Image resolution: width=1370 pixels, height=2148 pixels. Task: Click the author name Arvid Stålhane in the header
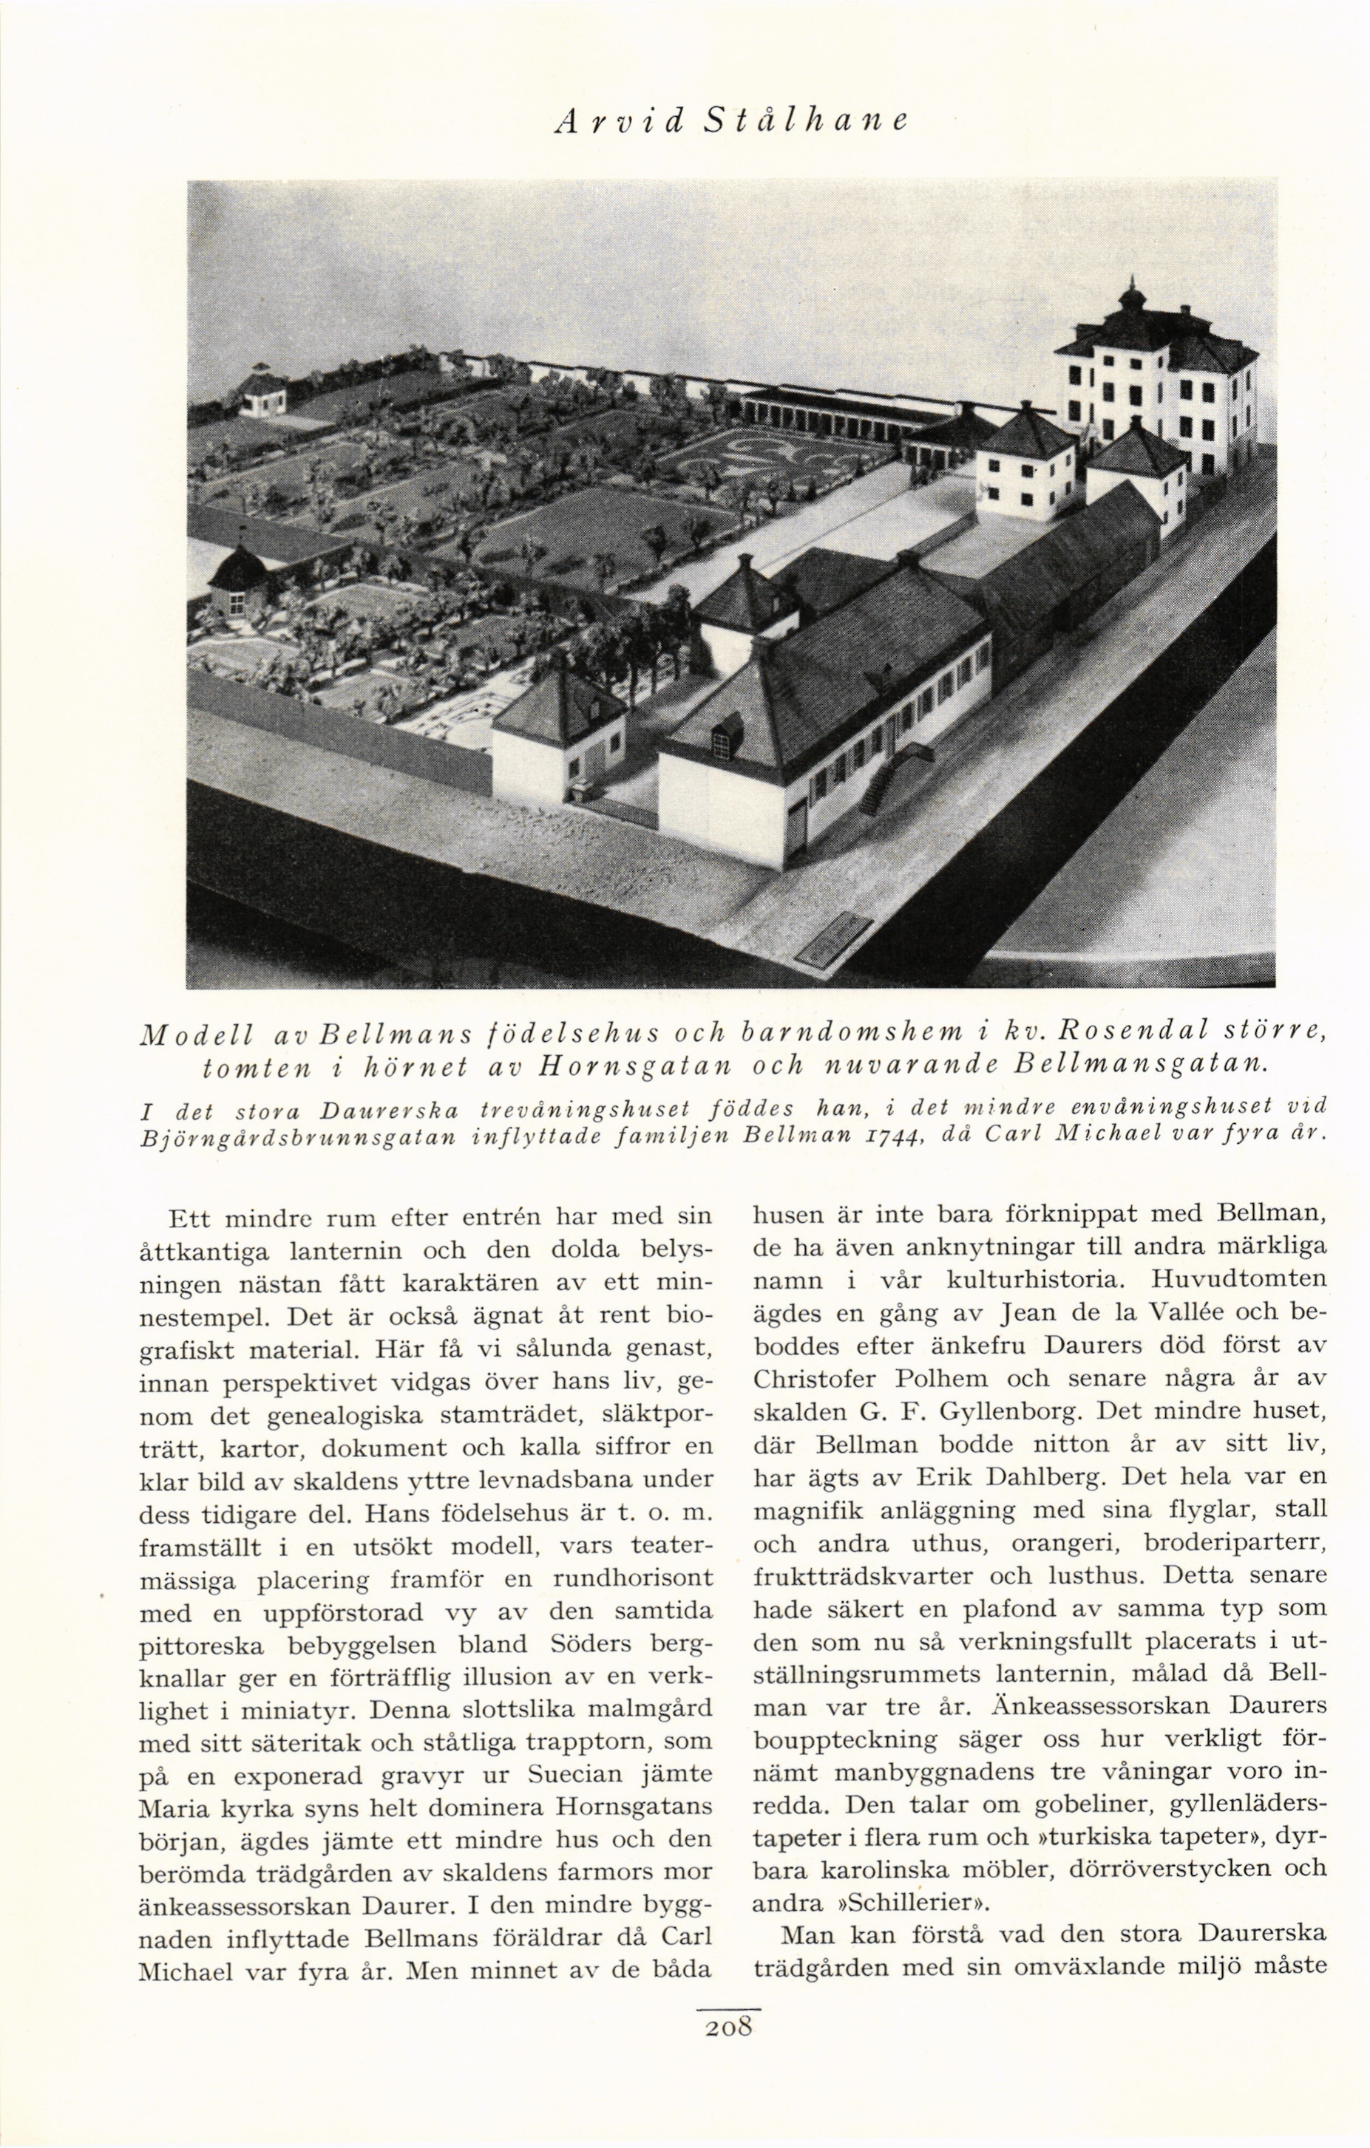click(x=730, y=121)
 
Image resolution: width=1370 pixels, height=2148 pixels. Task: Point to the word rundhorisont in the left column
click(x=634, y=1577)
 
